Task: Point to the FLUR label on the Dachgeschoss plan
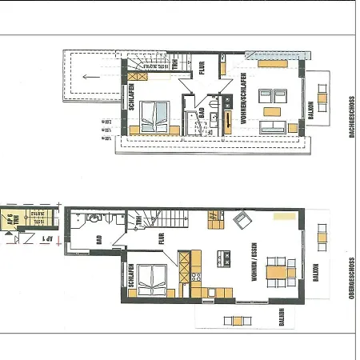coord(202,69)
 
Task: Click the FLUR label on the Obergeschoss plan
coord(162,238)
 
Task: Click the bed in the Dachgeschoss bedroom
coord(155,116)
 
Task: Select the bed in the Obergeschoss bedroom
coord(152,280)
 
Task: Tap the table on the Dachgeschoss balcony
coord(322,100)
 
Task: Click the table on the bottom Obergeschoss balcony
coord(237,321)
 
